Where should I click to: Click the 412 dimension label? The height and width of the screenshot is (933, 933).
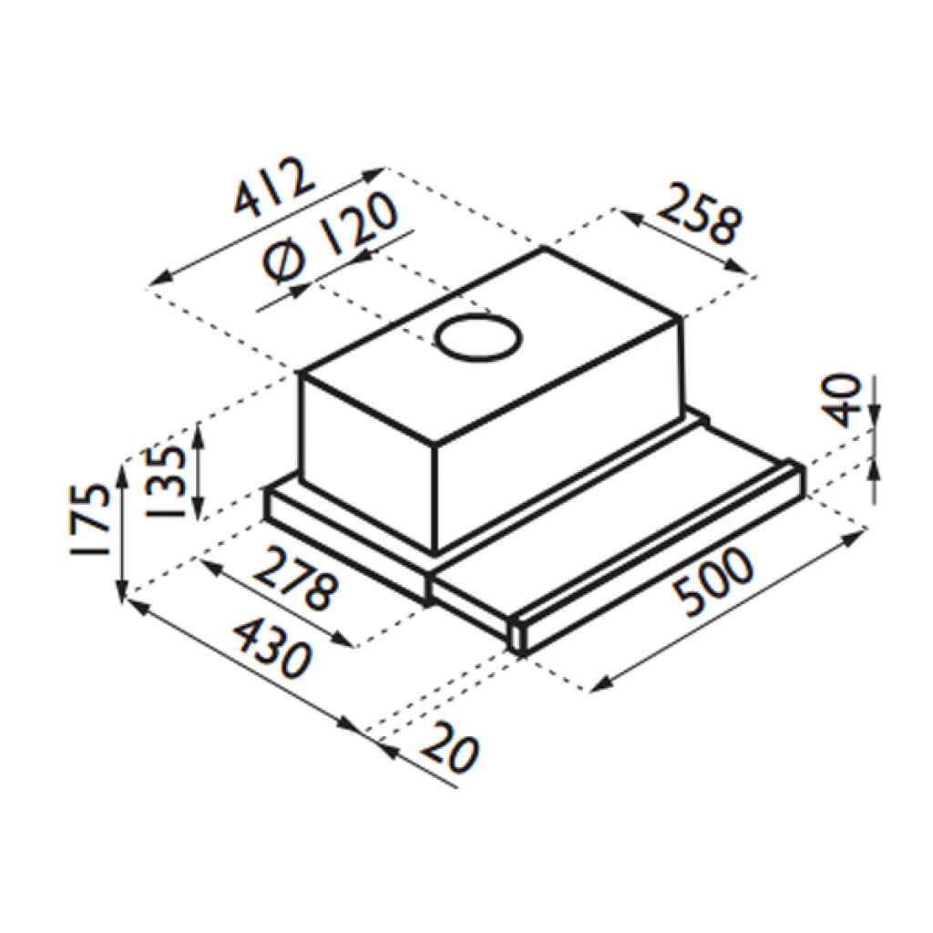[x=273, y=186]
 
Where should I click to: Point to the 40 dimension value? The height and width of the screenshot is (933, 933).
[x=845, y=400]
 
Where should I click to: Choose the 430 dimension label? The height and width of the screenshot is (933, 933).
[x=272, y=648]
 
